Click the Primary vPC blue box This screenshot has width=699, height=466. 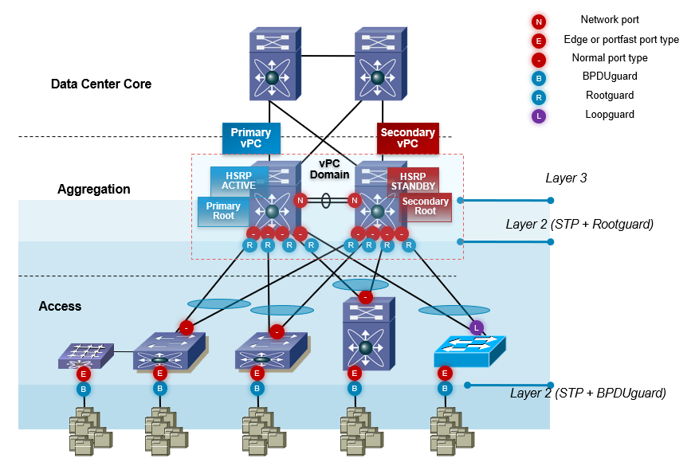(x=251, y=138)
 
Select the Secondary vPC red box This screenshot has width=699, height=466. (x=407, y=138)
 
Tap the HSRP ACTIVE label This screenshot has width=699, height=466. (x=233, y=181)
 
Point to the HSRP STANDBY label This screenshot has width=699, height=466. (x=413, y=181)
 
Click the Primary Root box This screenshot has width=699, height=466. (x=222, y=211)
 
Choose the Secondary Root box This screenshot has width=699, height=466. (x=426, y=206)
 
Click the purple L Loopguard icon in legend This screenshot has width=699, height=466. (x=540, y=116)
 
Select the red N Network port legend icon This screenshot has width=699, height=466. (x=540, y=21)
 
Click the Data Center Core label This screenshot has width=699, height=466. (x=101, y=84)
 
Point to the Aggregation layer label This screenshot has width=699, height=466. (x=94, y=190)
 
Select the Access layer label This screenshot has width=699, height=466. (x=60, y=306)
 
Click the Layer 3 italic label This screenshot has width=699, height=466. (x=566, y=178)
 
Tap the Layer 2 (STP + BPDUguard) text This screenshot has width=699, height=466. (x=588, y=393)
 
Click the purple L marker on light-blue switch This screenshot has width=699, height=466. (x=477, y=327)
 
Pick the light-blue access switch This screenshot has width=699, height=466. (x=469, y=349)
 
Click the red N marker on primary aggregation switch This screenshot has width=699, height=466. (x=300, y=201)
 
